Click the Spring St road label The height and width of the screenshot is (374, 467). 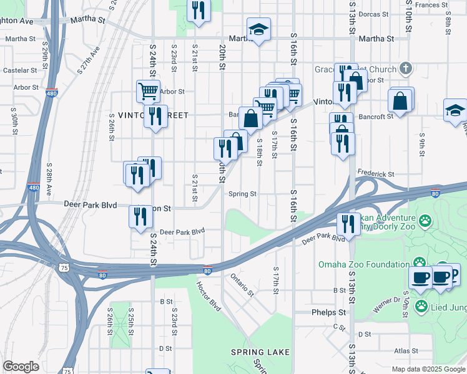click(x=242, y=194)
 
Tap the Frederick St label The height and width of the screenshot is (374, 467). click(x=376, y=174)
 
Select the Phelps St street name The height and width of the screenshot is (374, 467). click(x=329, y=312)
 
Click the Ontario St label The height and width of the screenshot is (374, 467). click(x=242, y=285)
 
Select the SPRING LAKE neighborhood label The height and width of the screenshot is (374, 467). click(x=260, y=352)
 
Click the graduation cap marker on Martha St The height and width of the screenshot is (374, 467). click(x=257, y=29)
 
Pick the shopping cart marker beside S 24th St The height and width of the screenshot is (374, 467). click(x=148, y=91)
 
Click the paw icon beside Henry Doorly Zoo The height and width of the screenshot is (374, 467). click(x=425, y=220)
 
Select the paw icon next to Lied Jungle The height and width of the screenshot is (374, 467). click(x=421, y=306)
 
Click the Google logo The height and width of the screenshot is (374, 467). click(x=21, y=367)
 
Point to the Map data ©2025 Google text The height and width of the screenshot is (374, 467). click(x=428, y=369)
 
